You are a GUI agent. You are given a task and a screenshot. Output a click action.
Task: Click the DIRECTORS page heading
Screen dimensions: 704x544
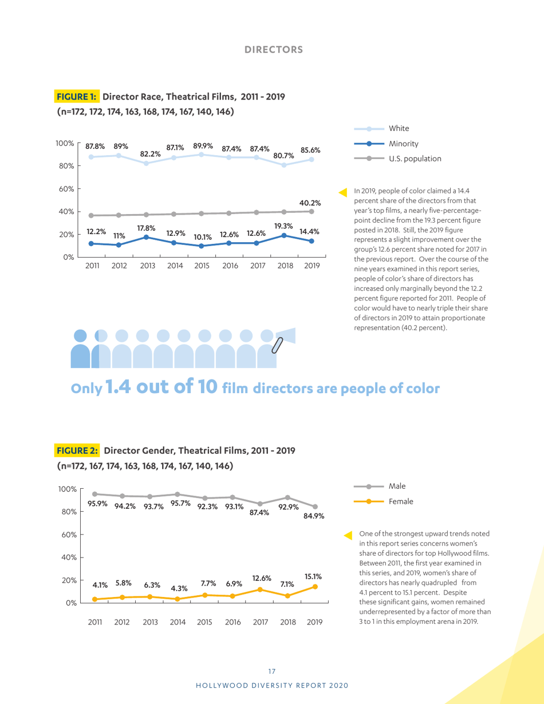click(x=274, y=49)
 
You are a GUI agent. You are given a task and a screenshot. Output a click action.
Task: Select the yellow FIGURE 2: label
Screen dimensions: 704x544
click(x=77, y=450)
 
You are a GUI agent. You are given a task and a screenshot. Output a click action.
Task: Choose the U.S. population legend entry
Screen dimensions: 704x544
click(x=414, y=159)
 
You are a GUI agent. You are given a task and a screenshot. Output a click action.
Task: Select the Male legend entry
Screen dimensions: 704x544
click(x=397, y=486)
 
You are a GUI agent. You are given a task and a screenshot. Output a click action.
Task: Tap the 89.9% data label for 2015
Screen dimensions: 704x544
click(x=203, y=146)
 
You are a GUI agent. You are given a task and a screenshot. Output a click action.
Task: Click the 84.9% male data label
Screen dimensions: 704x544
click(x=314, y=516)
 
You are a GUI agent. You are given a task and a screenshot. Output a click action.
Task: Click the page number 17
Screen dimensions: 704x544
click(x=272, y=671)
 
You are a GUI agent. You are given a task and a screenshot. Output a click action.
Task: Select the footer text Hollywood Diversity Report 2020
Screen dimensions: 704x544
click(x=272, y=685)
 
